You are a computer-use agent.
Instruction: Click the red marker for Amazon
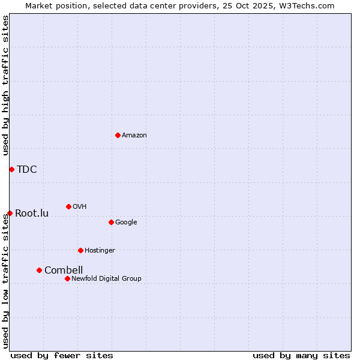118,135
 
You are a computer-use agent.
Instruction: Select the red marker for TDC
11,169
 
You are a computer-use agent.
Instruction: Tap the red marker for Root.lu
10,213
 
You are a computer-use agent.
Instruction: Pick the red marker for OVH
68,206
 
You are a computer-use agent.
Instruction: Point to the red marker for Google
111,222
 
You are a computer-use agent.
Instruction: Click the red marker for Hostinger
80,250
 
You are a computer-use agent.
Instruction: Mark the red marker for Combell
39,270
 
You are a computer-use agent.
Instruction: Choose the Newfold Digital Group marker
67,278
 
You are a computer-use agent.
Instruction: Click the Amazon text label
134,136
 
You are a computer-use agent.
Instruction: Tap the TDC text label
27,169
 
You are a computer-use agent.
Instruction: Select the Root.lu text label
32,213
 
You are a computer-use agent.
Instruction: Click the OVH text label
80,207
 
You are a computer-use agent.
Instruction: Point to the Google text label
126,223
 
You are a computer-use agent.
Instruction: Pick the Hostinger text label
100,251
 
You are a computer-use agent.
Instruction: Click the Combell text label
64,270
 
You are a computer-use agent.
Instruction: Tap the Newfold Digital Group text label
106,279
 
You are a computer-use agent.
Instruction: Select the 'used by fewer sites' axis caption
62,355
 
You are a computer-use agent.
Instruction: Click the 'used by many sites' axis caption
301,355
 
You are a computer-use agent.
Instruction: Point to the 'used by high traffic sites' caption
5,85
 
